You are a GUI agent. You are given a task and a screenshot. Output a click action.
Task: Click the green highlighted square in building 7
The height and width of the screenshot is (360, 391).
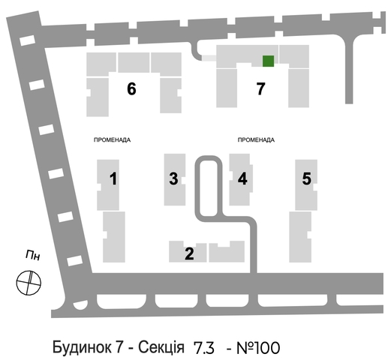[x=268, y=61]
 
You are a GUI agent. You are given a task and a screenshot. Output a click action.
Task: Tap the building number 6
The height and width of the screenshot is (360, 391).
[x=131, y=88]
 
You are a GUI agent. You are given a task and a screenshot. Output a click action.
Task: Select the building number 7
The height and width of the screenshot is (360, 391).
[x=260, y=88]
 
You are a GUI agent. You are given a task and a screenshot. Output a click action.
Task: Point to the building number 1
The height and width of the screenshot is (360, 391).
[x=113, y=178]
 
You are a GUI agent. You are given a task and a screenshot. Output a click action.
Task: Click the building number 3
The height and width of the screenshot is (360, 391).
[x=173, y=178]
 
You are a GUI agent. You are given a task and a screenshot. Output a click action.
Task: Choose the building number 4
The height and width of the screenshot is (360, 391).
[x=242, y=178]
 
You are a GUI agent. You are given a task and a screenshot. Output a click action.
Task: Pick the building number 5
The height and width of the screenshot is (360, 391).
[x=307, y=178]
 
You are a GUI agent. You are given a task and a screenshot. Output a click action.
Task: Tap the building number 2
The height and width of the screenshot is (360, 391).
[x=189, y=253]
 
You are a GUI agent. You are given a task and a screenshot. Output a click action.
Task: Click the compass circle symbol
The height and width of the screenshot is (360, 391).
[x=29, y=283]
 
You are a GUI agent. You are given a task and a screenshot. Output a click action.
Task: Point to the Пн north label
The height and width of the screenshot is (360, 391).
[x=33, y=255]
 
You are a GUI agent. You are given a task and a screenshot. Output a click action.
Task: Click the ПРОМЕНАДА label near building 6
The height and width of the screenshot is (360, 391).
[x=112, y=139]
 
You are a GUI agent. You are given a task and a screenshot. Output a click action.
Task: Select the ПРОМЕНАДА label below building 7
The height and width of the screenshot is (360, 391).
[x=256, y=139]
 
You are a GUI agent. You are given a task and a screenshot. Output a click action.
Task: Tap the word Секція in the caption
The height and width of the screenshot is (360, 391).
[x=161, y=347]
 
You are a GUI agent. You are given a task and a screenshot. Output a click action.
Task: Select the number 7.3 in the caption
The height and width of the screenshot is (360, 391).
[x=204, y=348]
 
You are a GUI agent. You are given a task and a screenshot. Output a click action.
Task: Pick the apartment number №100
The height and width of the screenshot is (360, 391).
[x=258, y=348]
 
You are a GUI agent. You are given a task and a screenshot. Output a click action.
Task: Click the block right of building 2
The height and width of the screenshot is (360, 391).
[x=227, y=251]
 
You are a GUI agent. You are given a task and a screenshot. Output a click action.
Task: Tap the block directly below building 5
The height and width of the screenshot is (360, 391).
[x=300, y=237]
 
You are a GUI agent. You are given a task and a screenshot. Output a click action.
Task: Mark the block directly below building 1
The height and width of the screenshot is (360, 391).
[x=114, y=237]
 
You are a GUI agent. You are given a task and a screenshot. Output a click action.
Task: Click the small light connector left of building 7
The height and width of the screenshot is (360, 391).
[x=209, y=58]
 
